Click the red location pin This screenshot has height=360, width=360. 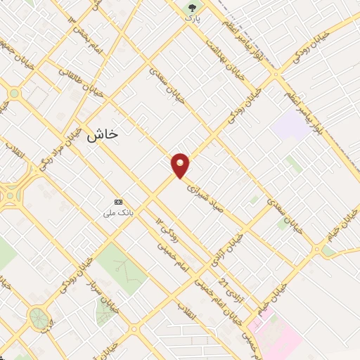click(181, 165)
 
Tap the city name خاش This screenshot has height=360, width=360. click(102, 136)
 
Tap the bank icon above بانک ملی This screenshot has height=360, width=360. click(117, 201)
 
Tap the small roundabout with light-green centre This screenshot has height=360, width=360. click(14, 93)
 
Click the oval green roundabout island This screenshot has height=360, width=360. click(39, 318)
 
